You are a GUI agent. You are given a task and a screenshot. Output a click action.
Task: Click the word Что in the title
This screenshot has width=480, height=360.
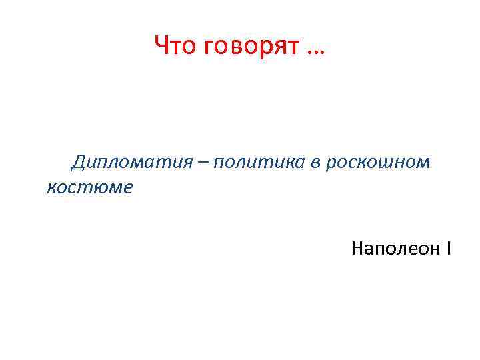[175, 47]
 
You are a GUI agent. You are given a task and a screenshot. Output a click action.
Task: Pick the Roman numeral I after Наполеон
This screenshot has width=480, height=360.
[449, 249]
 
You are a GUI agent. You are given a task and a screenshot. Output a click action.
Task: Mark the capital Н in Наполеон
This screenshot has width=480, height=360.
[357, 249]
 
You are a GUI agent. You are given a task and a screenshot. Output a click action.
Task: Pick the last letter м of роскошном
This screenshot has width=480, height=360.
[423, 163]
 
